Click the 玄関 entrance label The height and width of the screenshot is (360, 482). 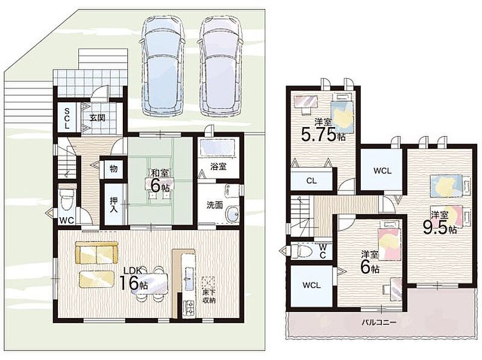click(98, 117)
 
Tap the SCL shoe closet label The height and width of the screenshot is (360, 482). click(67, 118)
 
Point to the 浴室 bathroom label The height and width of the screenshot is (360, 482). click(218, 167)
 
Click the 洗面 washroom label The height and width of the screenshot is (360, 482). click(214, 205)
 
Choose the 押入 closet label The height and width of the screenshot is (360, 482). click(114, 205)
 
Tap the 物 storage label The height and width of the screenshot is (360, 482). click(113, 169)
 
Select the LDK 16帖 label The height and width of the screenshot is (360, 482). click(133, 279)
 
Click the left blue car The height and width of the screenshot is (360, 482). click(161, 66)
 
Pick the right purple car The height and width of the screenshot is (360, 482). click(221, 66)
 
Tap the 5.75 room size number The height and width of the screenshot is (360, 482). click(319, 134)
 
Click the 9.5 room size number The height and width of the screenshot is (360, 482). click(435, 228)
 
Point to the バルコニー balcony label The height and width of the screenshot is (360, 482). click(378, 322)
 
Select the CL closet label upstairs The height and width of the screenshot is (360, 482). click(311, 181)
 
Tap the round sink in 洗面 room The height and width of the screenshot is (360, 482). click(232, 214)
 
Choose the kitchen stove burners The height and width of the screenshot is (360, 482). click(189, 308)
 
